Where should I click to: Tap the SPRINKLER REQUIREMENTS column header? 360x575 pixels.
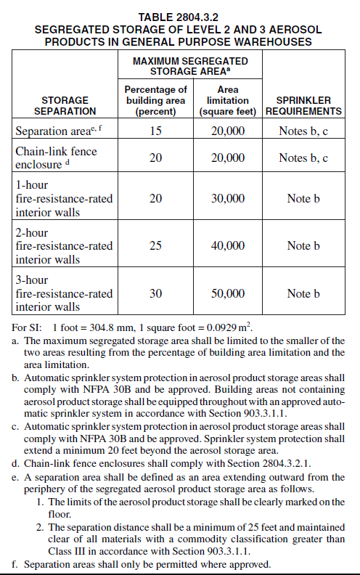[303, 105]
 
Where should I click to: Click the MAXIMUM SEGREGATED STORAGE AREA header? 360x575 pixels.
[190, 66]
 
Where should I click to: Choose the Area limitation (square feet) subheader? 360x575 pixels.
[227, 100]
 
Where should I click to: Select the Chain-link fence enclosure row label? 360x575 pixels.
[55, 158]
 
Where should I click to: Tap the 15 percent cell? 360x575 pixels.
[155, 131]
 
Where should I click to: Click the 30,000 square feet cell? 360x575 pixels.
[227, 198]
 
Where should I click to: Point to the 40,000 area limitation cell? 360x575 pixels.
[227, 245]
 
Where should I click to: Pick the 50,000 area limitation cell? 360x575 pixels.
[227, 293]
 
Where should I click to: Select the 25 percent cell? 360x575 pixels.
[155, 245]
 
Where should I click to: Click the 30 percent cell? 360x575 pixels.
[155, 293]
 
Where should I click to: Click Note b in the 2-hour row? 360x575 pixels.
[303, 245]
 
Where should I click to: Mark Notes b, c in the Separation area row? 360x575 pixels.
[303, 131]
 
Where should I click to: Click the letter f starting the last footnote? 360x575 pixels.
[15, 564]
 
